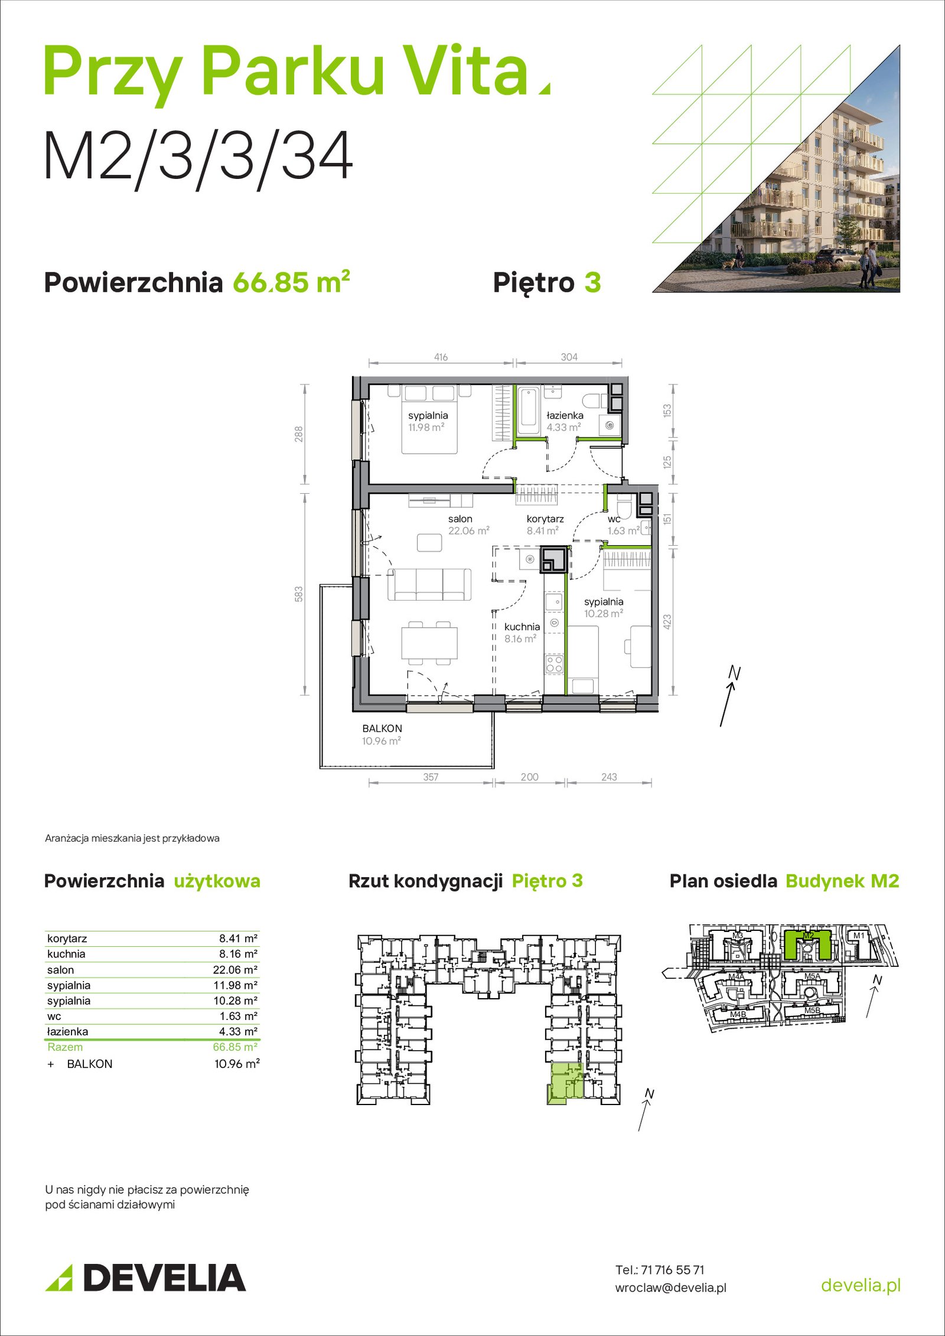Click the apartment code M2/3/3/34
point(198,157)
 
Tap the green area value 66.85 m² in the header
point(291,282)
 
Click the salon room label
point(460,519)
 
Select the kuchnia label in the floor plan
point(522,627)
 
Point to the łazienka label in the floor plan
point(565,415)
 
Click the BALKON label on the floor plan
point(382,728)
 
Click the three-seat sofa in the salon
point(429,584)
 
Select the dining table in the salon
point(429,643)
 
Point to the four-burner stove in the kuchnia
point(554,664)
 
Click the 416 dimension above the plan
point(441,357)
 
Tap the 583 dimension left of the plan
point(299,594)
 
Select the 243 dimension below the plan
point(609,777)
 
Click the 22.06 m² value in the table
point(235,969)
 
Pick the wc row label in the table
point(54,1016)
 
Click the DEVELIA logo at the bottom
point(145,1278)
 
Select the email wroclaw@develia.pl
point(671,1288)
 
